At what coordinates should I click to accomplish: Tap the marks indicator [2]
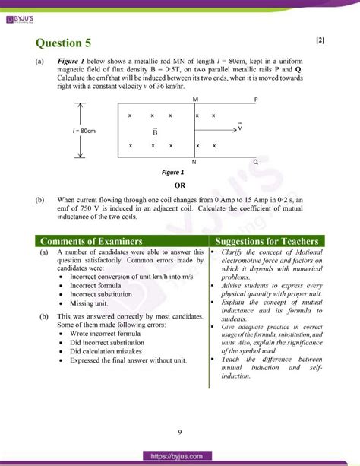319,40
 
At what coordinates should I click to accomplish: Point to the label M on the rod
195,100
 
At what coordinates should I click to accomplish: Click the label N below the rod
194,163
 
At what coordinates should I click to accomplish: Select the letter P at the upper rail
256,100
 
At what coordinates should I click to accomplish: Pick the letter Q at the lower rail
255,162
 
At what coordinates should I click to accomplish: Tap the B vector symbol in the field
155,131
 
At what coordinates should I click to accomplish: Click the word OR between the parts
180,185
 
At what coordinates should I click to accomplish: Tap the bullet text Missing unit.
88,303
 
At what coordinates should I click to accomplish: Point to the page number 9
180,433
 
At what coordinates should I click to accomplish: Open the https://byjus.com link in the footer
180,455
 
